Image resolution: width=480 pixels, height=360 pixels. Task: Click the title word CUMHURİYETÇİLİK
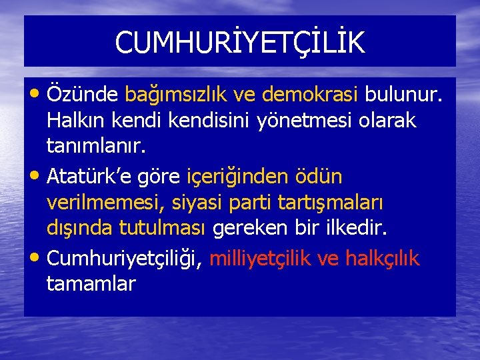[x=239, y=43]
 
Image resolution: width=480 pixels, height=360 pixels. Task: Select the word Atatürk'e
[x=91, y=177]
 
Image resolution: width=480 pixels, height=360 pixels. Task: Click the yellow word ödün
[x=321, y=177]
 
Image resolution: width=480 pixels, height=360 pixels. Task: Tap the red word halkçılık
[x=382, y=258]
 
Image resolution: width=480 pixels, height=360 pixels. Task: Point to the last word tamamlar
[x=91, y=283]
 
